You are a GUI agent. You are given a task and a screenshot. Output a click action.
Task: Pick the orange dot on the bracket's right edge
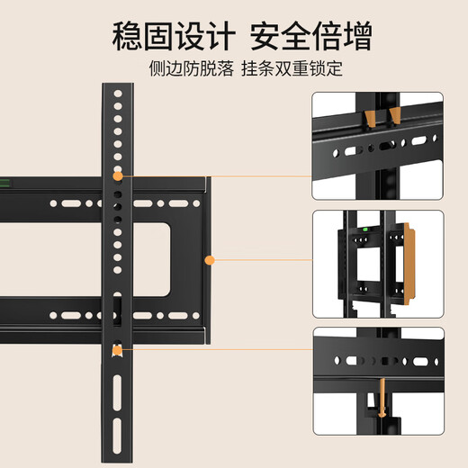(x=210, y=261)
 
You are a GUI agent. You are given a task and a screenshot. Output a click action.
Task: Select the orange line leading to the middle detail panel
(x=261, y=261)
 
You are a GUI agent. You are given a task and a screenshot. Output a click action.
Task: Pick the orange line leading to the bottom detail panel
(x=216, y=349)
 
